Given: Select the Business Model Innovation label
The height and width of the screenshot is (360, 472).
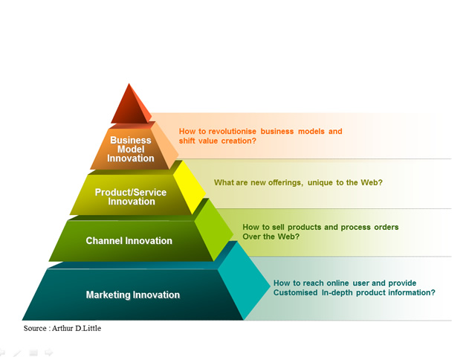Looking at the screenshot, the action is click(x=131, y=149).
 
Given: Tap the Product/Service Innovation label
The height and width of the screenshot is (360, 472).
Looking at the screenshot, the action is click(x=131, y=196).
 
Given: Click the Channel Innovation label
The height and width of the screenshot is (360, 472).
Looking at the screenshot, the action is click(x=129, y=241).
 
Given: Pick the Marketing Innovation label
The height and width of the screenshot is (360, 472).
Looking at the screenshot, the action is click(x=133, y=295).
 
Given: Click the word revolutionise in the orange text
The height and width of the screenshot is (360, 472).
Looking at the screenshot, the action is click(x=232, y=132).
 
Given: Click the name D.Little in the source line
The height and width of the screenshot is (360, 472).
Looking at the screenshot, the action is click(x=88, y=328).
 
